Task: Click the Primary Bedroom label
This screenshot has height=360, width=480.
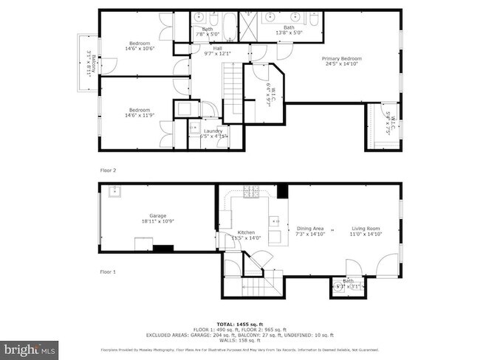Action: pyautogui.click(x=340, y=60)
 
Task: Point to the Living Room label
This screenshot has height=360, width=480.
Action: pyautogui.click(x=366, y=232)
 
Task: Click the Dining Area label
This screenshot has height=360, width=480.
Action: pyautogui.click(x=310, y=232)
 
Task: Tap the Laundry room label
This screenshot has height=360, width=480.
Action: pyautogui.click(x=213, y=134)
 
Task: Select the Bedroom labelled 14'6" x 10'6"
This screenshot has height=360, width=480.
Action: pyautogui.click(x=139, y=46)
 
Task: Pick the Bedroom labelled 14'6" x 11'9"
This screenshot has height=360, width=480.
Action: pyautogui.click(x=139, y=112)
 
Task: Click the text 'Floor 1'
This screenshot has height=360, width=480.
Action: pyautogui.click(x=108, y=272)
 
